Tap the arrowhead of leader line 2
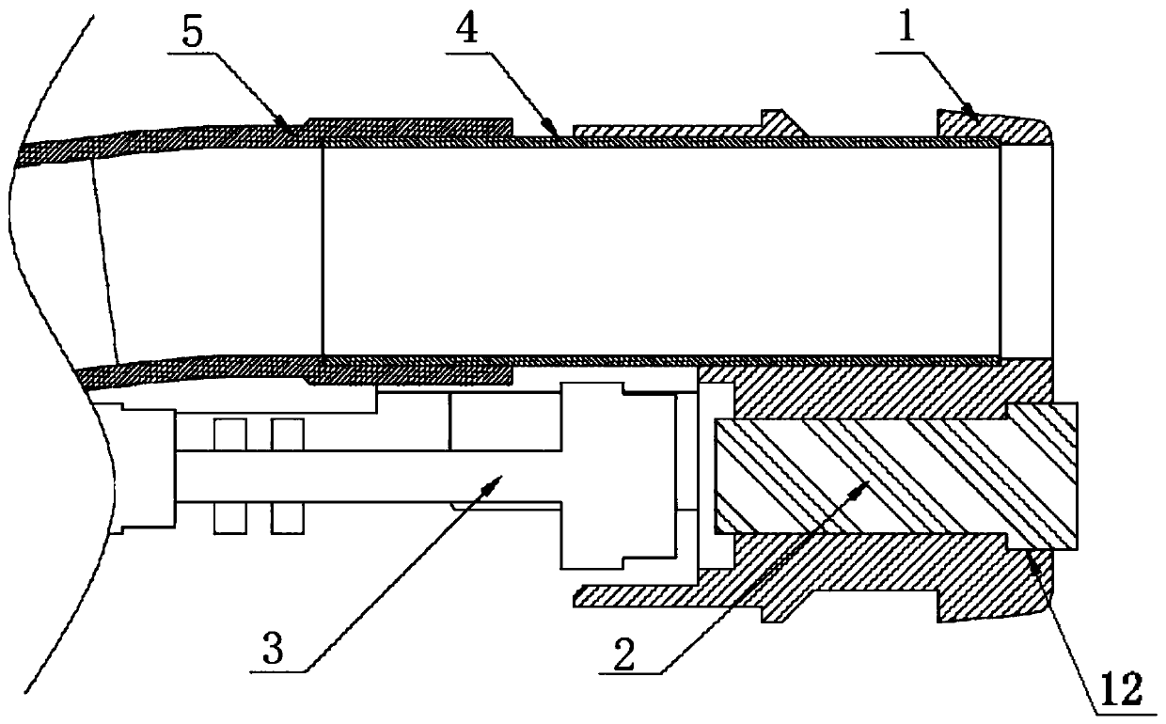pos(870,484)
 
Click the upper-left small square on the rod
pos(229,434)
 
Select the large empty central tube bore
pos(658,249)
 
